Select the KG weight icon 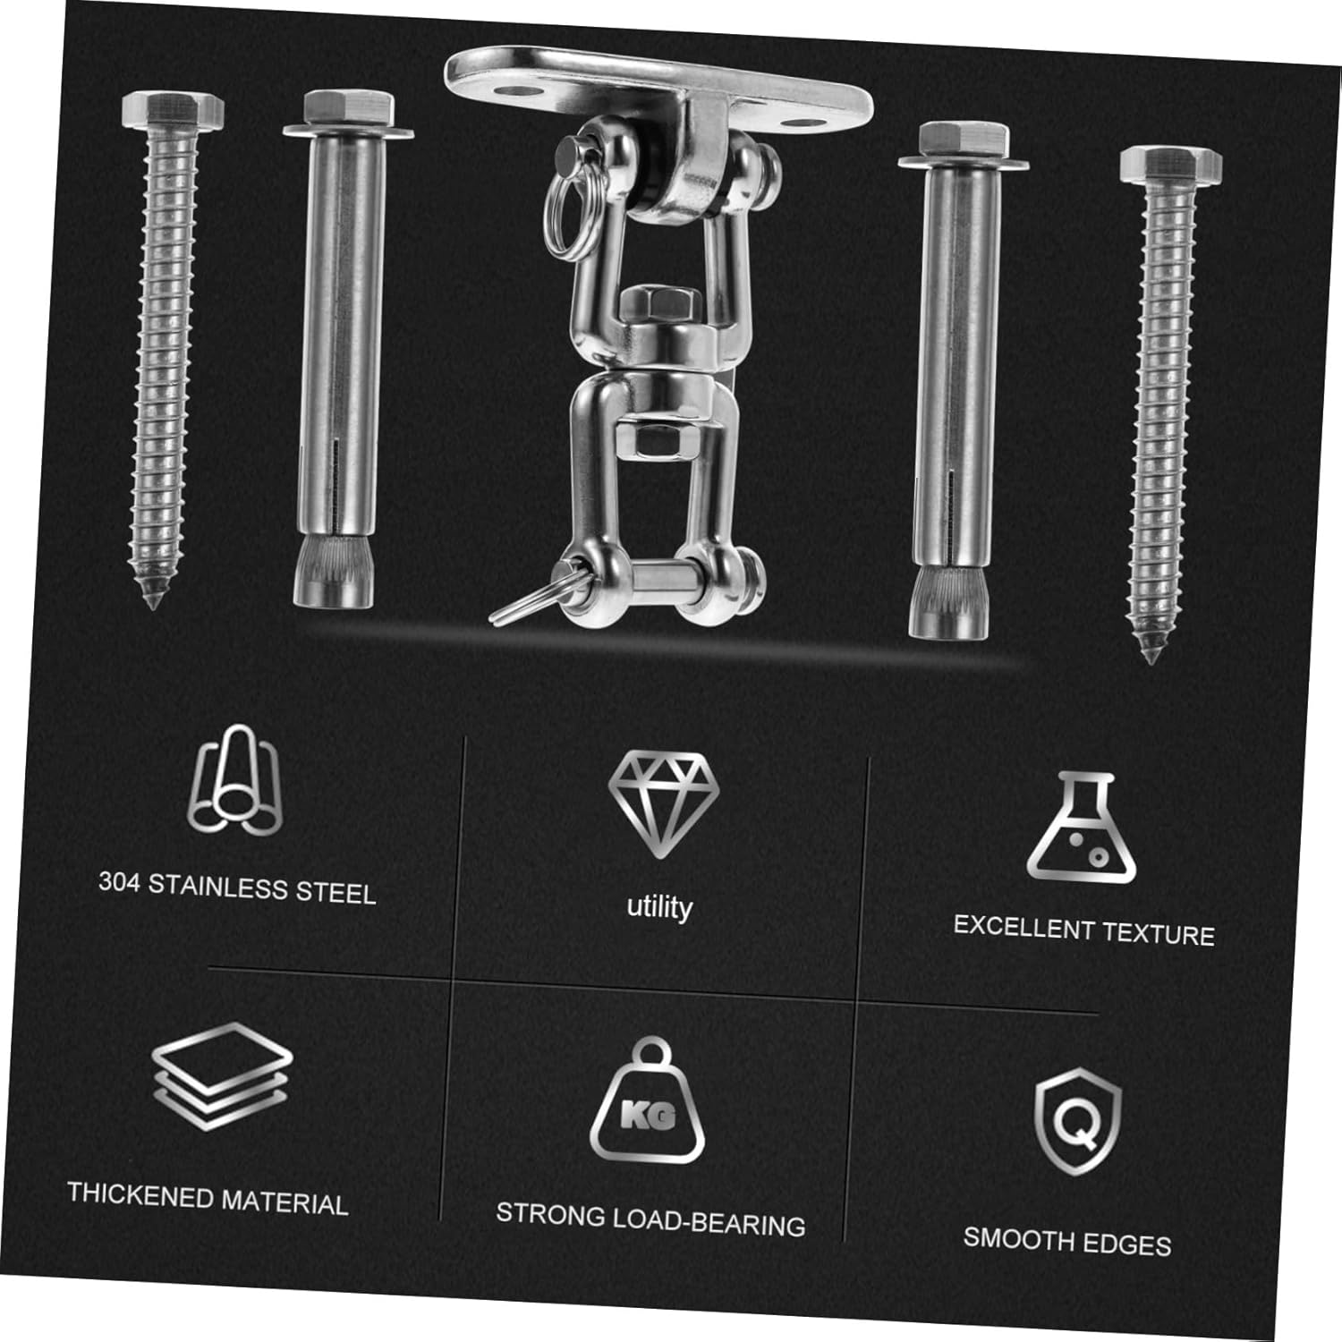[x=648, y=1101]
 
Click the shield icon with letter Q [x=1077, y=1120]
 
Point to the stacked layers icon [x=221, y=1075]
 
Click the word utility [x=659, y=907]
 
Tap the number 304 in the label [x=119, y=882]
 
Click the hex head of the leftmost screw [x=172, y=111]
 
